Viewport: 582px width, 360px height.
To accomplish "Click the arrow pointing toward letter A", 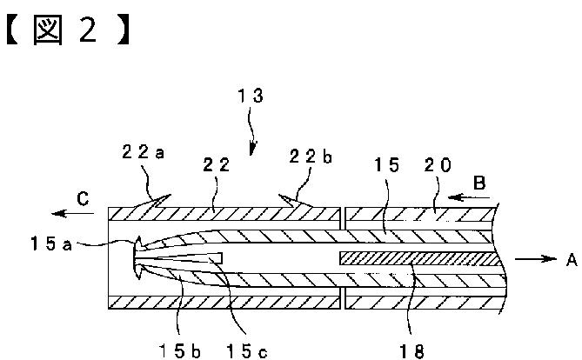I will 534,258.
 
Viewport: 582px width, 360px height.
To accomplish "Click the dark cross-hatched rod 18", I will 418,258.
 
